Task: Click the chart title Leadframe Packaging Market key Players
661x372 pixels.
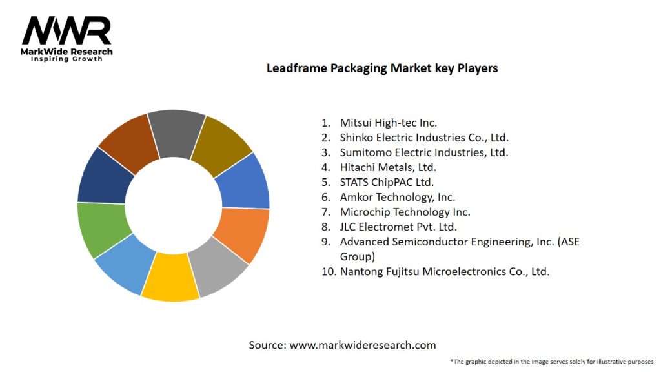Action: tap(382, 68)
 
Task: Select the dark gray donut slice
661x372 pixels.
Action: tap(175, 132)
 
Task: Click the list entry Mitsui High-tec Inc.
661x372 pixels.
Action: tap(388, 122)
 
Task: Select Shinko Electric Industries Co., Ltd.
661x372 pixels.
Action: tap(424, 137)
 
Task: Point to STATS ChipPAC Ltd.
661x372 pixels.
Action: tap(387, 182)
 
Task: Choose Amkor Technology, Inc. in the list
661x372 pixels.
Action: tap(397, 197)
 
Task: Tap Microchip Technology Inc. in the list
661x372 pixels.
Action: tap(405, 212)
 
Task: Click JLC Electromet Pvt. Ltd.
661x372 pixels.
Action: tap(398, 227)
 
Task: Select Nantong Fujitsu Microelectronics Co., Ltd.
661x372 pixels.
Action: tap(445, 271)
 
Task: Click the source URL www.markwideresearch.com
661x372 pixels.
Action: tap(362, 345)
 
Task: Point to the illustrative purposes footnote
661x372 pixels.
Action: tap(552, 361)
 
